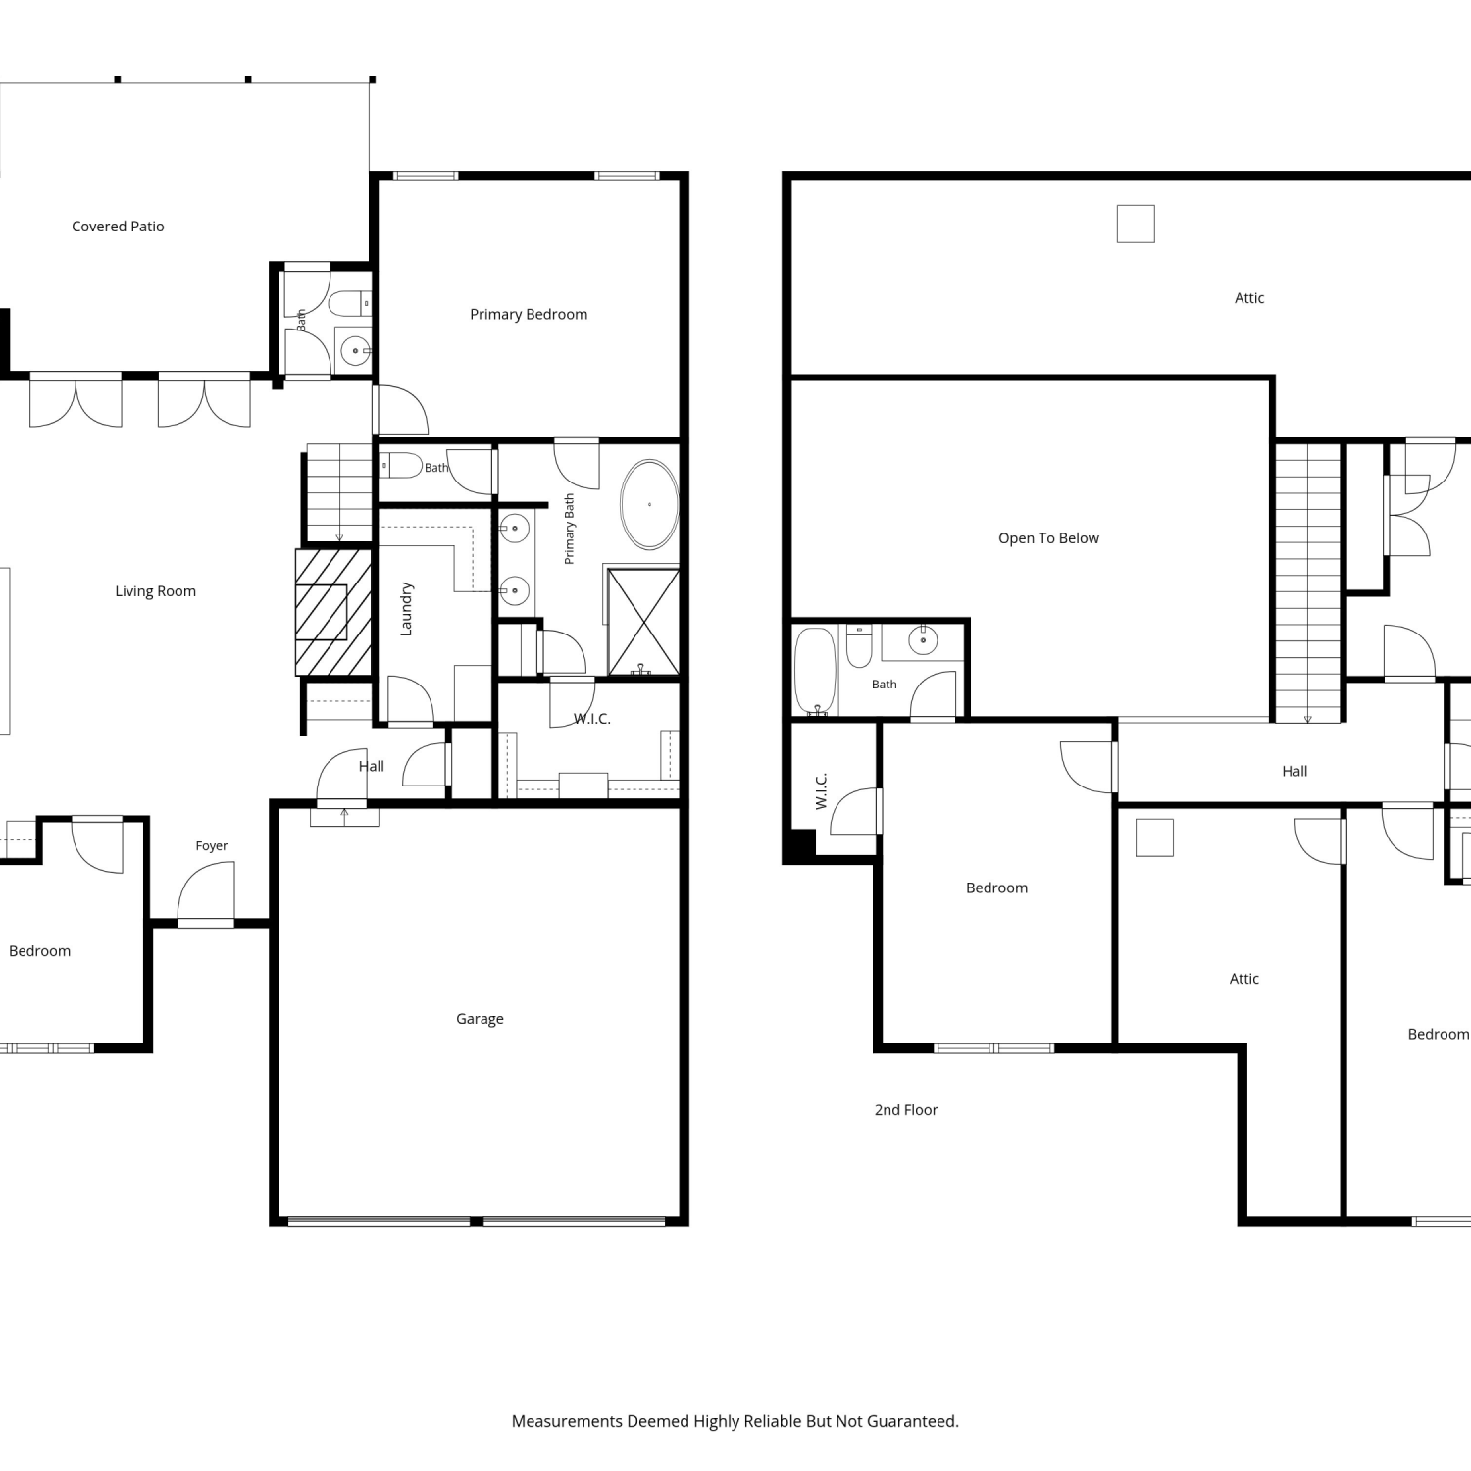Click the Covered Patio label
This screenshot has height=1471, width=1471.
(x=118, y=227)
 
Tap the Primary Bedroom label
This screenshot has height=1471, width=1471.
(x=529, y=315)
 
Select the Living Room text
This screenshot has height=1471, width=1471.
(x=155, y=591)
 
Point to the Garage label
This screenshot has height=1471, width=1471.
(x=480, y=1019)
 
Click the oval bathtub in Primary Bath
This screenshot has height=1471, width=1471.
(x=649, y=504)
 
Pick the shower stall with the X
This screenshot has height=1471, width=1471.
(x=643, y=622)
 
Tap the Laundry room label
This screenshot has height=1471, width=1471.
(x=406, y=609)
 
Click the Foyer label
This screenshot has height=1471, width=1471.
(x=212, y=846)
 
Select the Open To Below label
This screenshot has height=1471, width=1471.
(x=1048, y=538)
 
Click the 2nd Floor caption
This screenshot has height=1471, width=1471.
(x=906, y=1110)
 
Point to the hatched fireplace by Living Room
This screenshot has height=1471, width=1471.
(x=333, y=612)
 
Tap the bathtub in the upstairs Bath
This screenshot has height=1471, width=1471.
(x=815, y=672)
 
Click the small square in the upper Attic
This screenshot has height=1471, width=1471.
(x=1136, y=224)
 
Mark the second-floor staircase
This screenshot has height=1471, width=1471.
(x=1307, y=583)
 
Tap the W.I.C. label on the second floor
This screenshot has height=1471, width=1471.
(x=822, y=791)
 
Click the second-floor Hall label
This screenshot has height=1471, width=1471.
(x=1294, y=772)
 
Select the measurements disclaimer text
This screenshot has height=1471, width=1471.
(x=735, y=1421)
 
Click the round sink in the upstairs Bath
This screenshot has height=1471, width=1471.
(x=923, y=641)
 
